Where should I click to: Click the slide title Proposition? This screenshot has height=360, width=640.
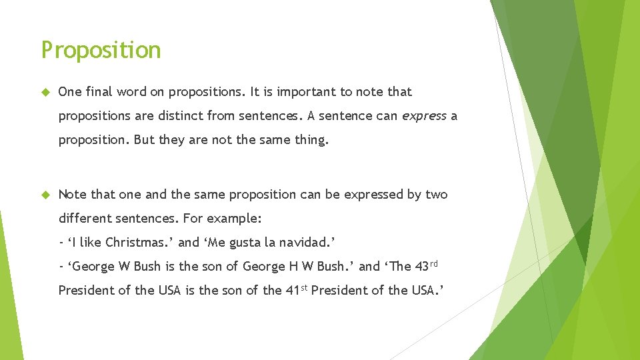click(101, 51)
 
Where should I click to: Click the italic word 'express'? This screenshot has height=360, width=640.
click(424, 116)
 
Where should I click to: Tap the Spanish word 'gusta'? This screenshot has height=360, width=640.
click(247, 242)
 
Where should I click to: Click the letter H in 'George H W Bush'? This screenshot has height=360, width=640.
click(292, 267)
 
